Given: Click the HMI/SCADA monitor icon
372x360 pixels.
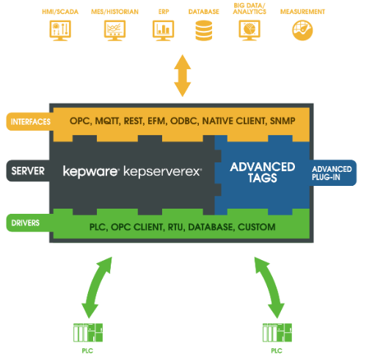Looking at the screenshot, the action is click(x=60, y=30).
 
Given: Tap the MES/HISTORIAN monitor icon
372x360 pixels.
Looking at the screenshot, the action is click(x=114, y=30).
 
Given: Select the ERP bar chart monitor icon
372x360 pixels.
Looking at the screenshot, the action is click(x=163, y=30).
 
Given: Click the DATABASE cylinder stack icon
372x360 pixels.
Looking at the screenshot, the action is click(x=204, y=30).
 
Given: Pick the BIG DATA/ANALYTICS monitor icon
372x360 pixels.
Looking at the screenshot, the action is click(x=249, y=30).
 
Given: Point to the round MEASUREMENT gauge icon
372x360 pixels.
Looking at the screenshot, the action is click(x=302, y=30).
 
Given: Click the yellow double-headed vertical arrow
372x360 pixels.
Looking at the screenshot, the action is click(x=182, y=76).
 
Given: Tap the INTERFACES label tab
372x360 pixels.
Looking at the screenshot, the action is click(x=30, y=121).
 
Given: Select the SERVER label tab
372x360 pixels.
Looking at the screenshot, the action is click(x=28, y=170).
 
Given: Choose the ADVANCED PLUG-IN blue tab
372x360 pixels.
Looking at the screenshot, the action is click(x=332, y=173).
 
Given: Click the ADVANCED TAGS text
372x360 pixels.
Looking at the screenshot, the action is click(x=263, y=172).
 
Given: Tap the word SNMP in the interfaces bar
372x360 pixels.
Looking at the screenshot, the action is click(x=282, y=120).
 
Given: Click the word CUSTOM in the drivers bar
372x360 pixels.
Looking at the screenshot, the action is click(x=257, y=227).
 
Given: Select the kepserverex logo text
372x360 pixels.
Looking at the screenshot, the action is click(x=162, y=171).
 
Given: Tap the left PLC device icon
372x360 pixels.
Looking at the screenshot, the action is click(x=88, y=333).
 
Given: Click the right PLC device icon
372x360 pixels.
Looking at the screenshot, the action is click(x=277, y=333).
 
